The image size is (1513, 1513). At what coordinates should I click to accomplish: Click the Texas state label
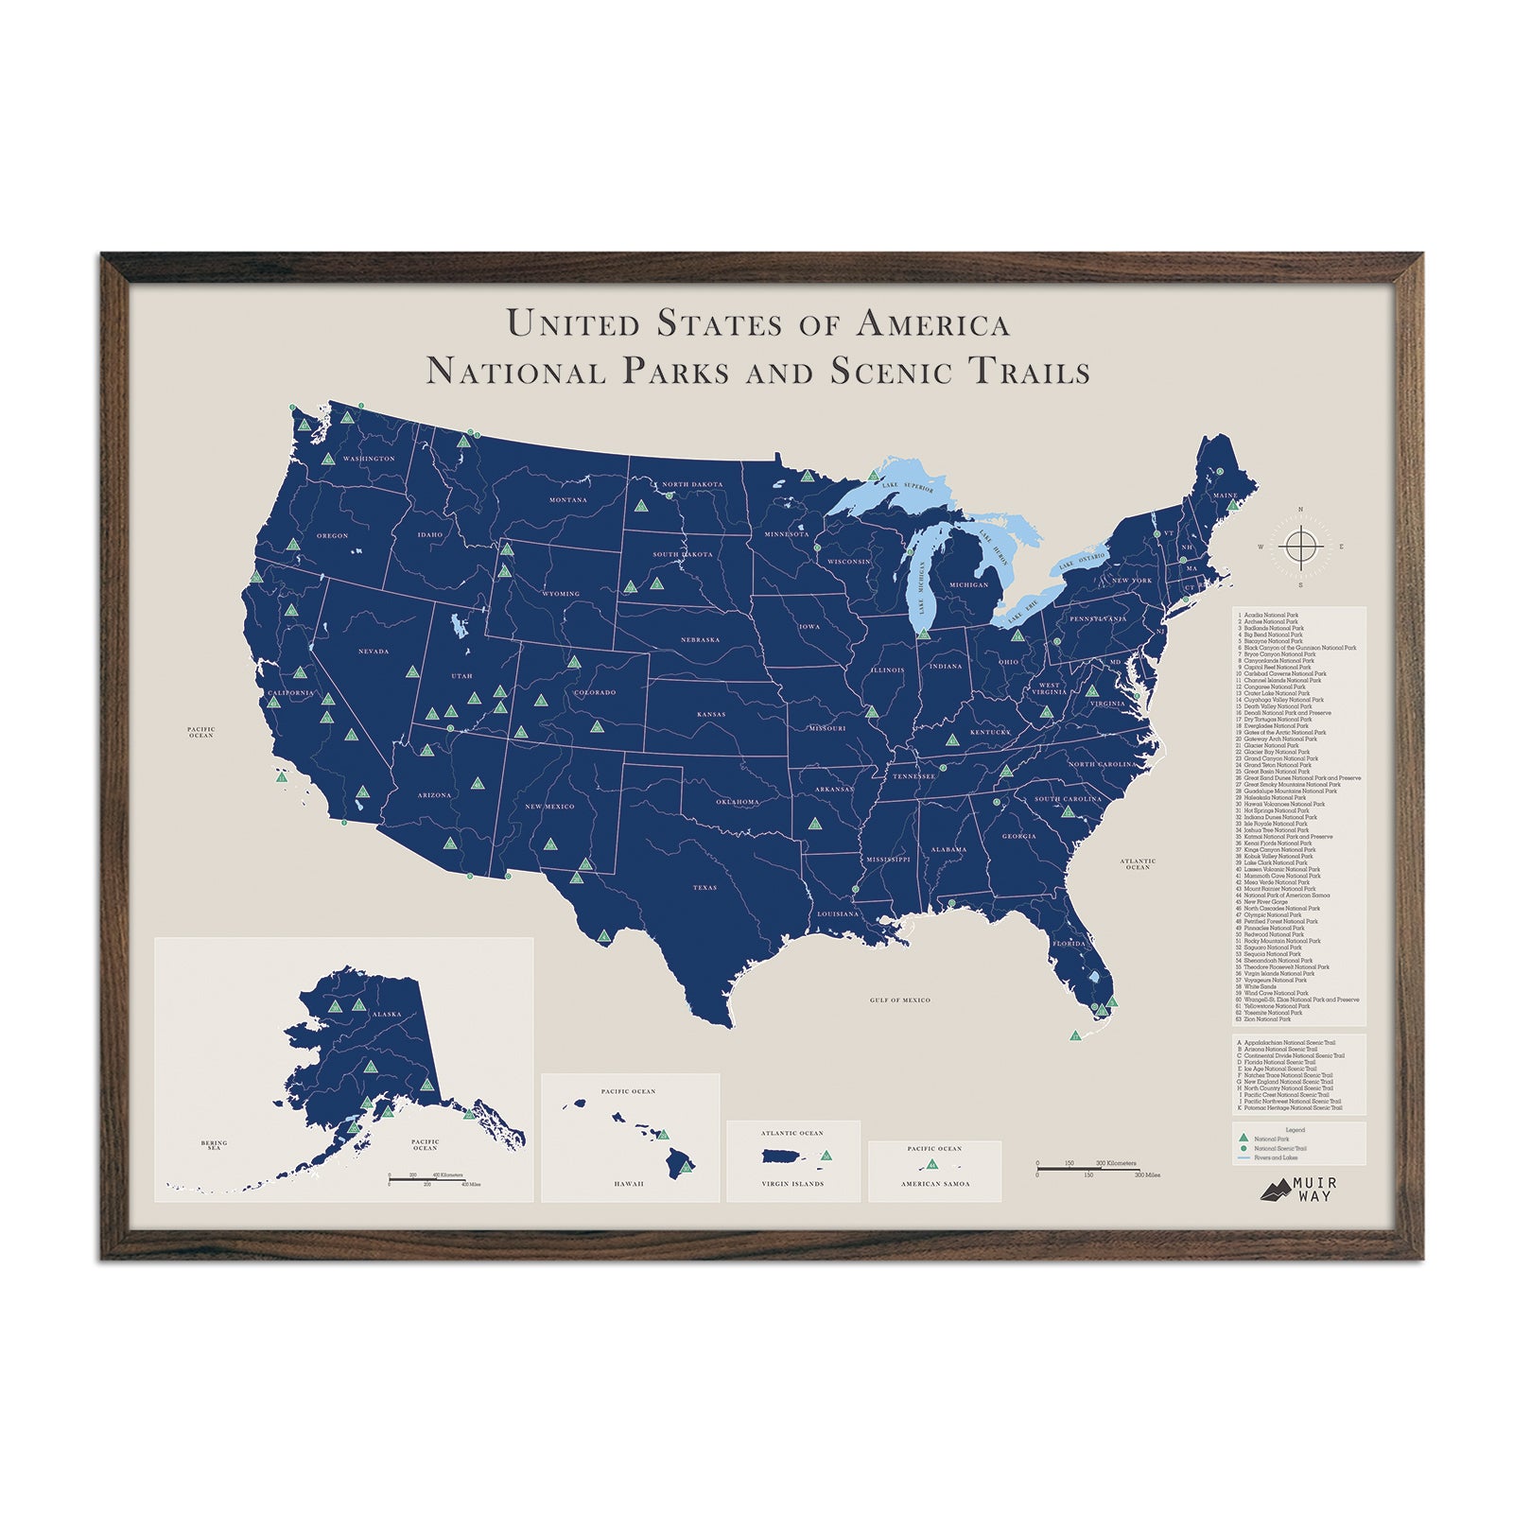click(705, 888)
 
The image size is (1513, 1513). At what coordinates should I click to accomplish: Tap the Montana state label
click(568, 500)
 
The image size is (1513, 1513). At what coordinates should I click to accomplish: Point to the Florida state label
click(1069, 944)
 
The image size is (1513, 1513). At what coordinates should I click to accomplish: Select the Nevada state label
click(374, 652)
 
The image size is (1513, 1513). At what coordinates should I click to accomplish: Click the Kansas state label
click(711, 715)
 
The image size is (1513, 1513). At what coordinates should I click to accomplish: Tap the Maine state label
click(1225, 496)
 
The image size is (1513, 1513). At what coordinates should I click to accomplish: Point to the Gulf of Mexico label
click(900, 1000)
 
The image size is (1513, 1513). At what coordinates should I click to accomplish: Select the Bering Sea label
click(214, 1145)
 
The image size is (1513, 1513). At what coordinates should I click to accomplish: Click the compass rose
click(1300, 547)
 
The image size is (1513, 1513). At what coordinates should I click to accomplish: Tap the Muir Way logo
click(1298, 1190)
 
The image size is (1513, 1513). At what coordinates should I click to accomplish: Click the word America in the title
click(931, 324)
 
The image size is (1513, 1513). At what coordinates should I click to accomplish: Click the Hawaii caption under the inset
click(629, 1184)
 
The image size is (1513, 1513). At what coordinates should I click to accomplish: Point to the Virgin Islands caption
click(792, 1184)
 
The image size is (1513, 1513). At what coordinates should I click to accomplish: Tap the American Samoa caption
click(934, 1184)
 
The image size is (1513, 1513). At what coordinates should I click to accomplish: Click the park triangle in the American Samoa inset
click(932, 1164)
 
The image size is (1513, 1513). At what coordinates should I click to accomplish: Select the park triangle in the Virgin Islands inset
click(826, 1156)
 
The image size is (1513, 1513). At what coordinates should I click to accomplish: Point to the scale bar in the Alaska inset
click(426, 1179)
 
